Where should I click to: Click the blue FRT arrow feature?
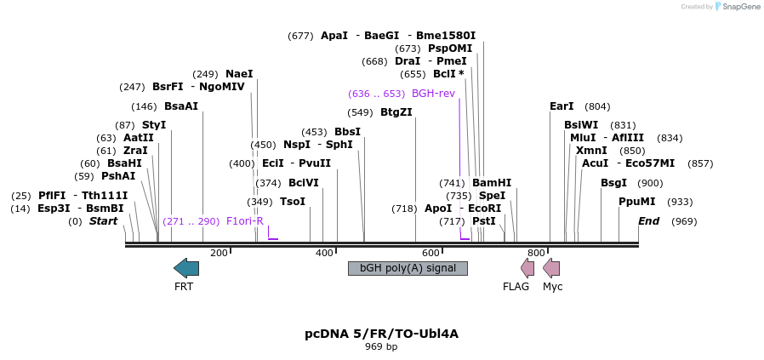pyautogui.click(x=186, y=268)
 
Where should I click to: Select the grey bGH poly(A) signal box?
pyautogui.click(x=408, y=268)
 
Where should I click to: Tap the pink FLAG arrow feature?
pyautogui.click(x=527, y=268)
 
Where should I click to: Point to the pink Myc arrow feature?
pyautogui.click(x=551, y=268)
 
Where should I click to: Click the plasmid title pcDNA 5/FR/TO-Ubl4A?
pyautogui.click(x=381, y=334)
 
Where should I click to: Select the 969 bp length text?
pyautogui.click(x=381, y=347)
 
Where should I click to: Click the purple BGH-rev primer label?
pyautogui.click(x=433, y=93)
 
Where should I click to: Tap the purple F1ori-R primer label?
pyautogui.click(x=245, y=221)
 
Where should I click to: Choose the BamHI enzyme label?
pyautogui.click(x=492, y=183)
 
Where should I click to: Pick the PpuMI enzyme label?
pyautogui.click(x=637, y=202)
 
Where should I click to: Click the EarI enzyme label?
pyautogui.click(x=562, y=106)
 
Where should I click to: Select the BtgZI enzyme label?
pyautogui.click(x=396, y=112)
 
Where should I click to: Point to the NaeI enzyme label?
pyautogui.click(x=239, y=74)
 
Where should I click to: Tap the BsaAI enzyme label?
pyautogui.click(x=181, y=106)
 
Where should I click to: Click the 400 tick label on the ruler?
pyautogui.click(x=324, y=253)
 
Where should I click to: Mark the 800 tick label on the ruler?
pyautogui.click(x=536, y=253)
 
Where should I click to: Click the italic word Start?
pyautogui.click(x=103, y=221)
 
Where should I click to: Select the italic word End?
pyautogui.click(x=649, y=221)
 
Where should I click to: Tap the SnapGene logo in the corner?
pyautogui.click(x=737, y=7)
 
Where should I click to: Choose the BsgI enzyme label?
pyautogui.click(x=613, y=183)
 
